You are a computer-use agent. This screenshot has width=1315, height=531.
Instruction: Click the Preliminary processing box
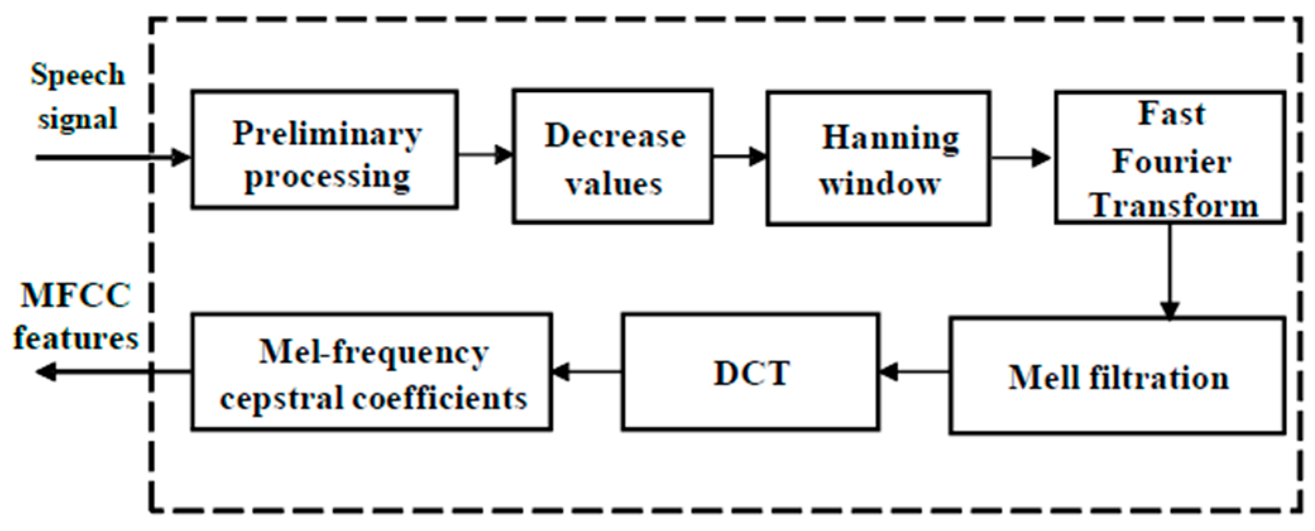point(325,150)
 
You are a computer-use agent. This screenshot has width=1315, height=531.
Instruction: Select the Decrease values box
point(613,157)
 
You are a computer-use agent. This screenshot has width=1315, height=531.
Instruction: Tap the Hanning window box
point(878,158)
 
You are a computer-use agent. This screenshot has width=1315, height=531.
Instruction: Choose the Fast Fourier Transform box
point(1170,157)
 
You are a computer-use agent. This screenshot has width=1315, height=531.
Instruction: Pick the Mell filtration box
point(1117,376)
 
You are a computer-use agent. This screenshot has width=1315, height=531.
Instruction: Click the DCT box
point(750,372)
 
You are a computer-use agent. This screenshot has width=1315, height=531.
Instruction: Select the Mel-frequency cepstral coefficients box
point(371,372)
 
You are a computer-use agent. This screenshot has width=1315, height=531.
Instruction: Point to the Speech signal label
point(77,96)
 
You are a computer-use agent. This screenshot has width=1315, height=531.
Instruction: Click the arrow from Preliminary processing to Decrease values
point(485,154)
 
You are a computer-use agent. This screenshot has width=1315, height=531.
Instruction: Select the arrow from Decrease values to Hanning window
point(740,156)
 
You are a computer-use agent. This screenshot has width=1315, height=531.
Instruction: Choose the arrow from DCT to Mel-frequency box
point(587,372)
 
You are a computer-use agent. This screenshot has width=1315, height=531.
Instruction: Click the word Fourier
point(1171,161)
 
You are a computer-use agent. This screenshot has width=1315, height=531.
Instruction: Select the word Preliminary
point(327,134)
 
